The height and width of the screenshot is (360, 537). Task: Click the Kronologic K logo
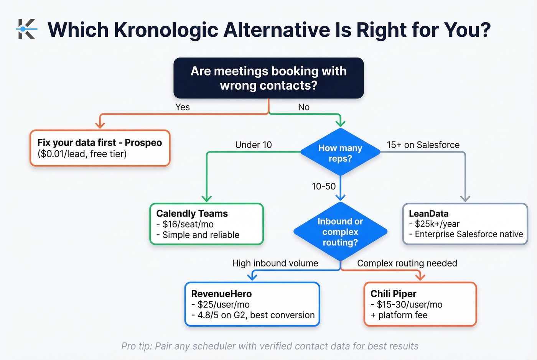coord(26,29)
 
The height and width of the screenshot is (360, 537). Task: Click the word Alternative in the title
coord(276,30)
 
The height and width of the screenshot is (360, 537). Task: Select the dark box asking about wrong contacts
coord(268,78)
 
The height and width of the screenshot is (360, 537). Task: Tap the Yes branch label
coord(183,107)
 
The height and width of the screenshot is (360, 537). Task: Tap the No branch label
coord(303,107)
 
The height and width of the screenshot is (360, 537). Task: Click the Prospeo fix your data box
coord(100,148)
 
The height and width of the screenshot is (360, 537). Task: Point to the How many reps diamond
coord(340,153)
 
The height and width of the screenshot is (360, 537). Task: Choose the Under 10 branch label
coord(253,145)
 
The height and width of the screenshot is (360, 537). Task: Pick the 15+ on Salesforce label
coord(423,145)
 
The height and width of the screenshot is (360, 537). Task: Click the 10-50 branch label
coord(323,186)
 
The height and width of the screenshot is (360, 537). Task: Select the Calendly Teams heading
coord(192,214)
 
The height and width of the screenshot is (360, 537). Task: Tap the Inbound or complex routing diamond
coord(340,232)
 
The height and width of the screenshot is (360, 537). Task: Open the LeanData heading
coord(428,214)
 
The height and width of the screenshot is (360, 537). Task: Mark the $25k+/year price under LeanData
coord(437,224)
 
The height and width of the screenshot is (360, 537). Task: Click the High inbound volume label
coord(275,263)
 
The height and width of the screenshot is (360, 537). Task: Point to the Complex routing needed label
coord(407,263)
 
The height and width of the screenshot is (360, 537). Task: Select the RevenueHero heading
coord(221,294)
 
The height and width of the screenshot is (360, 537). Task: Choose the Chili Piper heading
coord(393,294)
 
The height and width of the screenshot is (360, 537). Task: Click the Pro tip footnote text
coord(270,346)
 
